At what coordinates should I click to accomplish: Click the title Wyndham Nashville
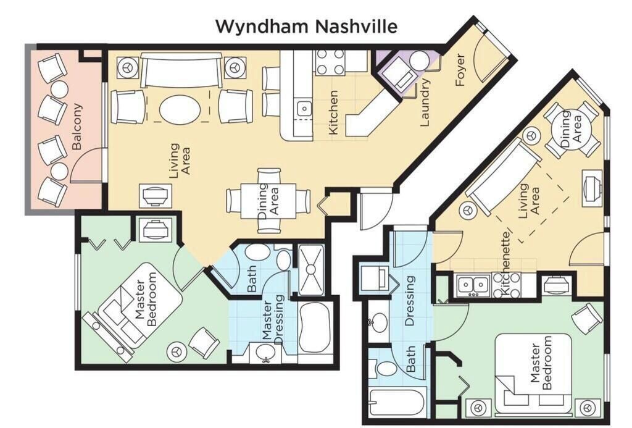[x=306, y=27]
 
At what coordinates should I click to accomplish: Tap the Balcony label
[x=77, y=127]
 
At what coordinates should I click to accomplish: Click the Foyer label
[x=460, y=70]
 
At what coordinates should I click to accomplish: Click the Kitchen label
[x=333, y=112]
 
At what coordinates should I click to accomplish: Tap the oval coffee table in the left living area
[x=180, y=109]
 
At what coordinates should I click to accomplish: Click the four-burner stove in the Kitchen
[x=330, y=62]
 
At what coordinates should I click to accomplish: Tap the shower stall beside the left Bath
[x=311, y=269]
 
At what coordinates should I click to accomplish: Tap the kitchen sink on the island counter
[x=304, y=109]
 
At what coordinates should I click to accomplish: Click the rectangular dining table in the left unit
[x=268, y=201]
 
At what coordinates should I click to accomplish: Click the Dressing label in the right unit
[x=409, y=301]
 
